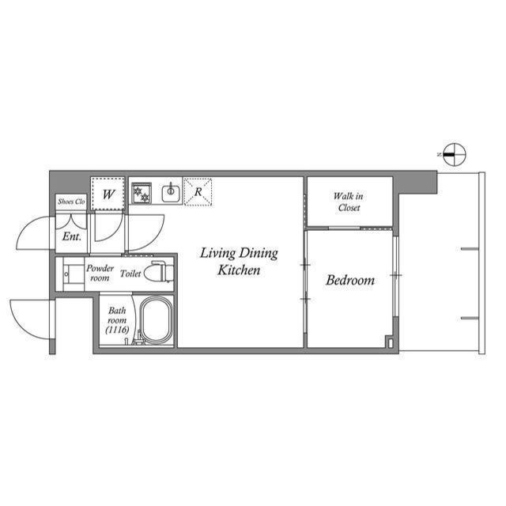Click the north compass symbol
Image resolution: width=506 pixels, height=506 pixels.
pos(454,155)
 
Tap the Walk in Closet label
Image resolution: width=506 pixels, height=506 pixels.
pos(348,202)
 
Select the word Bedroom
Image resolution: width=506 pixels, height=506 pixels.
pos(350,280)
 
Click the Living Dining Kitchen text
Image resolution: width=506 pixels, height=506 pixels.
pos(238,262)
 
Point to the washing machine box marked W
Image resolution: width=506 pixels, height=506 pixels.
pos(108,192)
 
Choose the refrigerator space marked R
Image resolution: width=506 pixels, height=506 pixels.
pos(198,191)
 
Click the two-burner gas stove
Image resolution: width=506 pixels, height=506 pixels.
pos(142,191)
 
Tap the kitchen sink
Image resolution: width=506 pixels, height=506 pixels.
pos(170,191)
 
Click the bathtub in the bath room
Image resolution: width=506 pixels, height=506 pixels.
pos(157,323)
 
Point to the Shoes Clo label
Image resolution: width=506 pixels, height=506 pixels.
pos(70,202)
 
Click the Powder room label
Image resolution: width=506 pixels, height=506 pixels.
pos(100,273)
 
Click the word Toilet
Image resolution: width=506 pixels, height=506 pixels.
pos(131,274)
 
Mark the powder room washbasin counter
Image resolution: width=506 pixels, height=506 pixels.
pos(72,274)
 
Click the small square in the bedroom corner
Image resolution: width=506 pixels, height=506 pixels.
pos(388,342)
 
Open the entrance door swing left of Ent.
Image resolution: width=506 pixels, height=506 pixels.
pos(36,232)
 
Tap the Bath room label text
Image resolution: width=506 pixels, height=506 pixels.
pos(116,316)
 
